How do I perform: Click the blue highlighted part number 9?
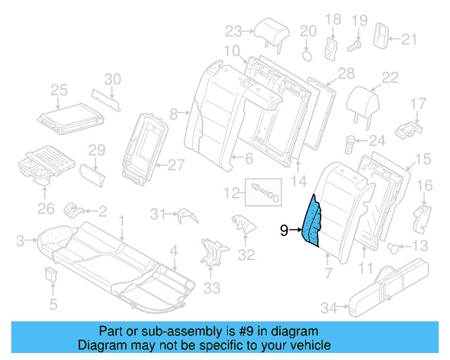click(312, 221)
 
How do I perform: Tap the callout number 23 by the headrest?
click(233, 30)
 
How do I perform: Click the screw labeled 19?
click(355, 44)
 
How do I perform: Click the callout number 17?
click(418, 105)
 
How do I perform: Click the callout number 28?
click(345, 74)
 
